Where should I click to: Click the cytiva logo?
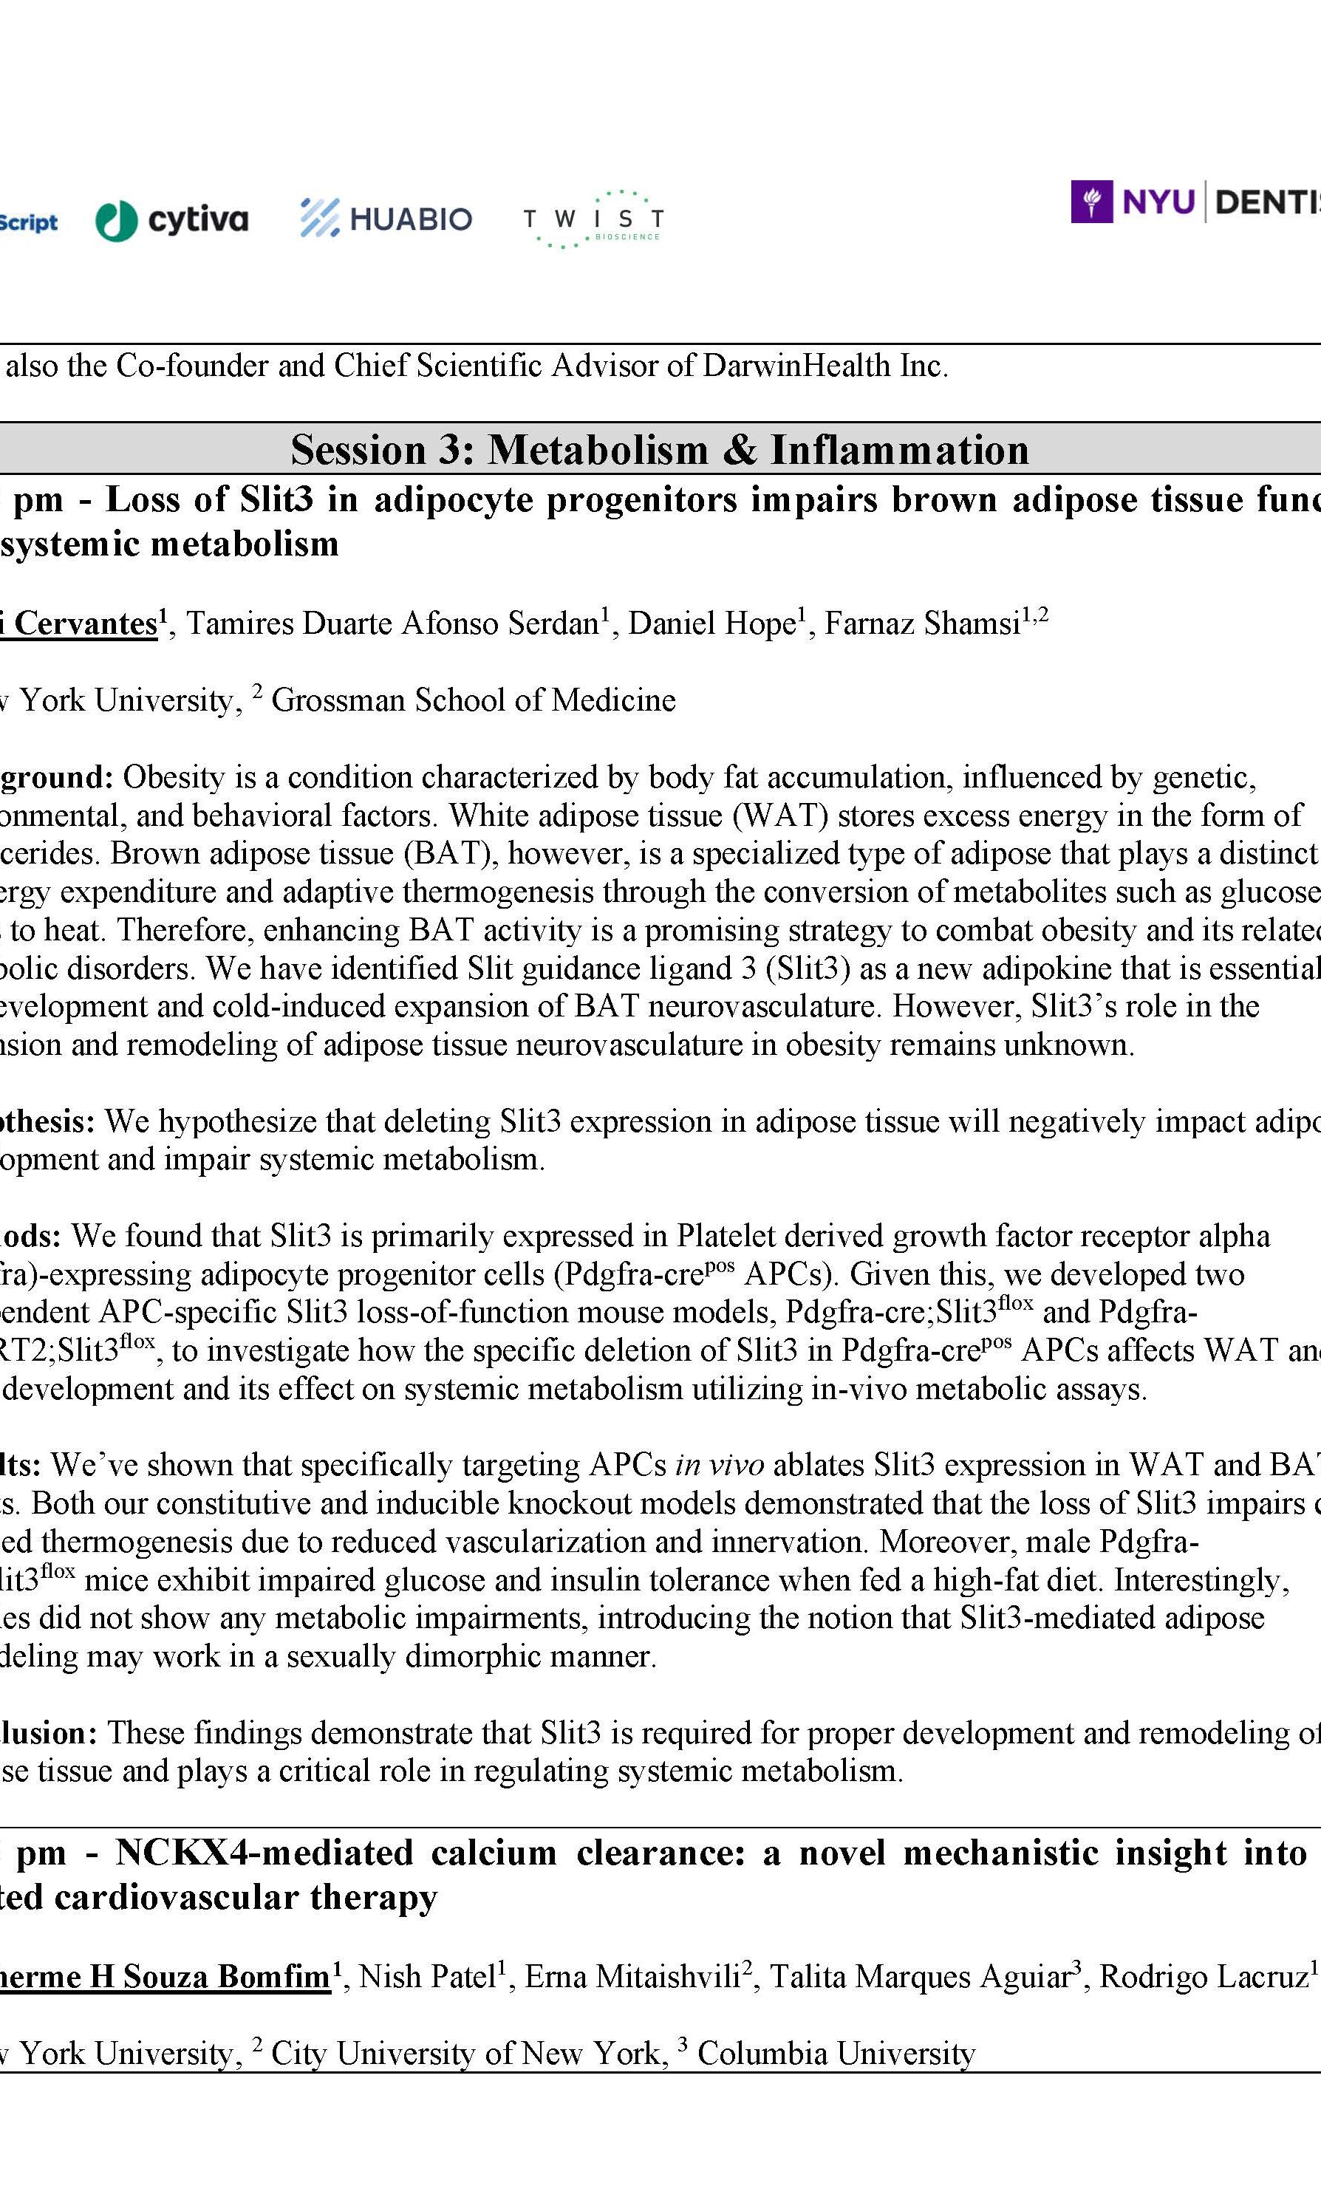[172, 219]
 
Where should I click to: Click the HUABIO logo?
[386, 218]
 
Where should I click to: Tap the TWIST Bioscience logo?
[593, 219]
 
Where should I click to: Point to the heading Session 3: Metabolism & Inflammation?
[660, 449]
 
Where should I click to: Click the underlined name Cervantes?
[86, 623]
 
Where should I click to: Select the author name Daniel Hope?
[711, 623]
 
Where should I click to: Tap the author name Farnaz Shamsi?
[921, 623]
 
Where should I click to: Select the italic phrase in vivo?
[720, 1465]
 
